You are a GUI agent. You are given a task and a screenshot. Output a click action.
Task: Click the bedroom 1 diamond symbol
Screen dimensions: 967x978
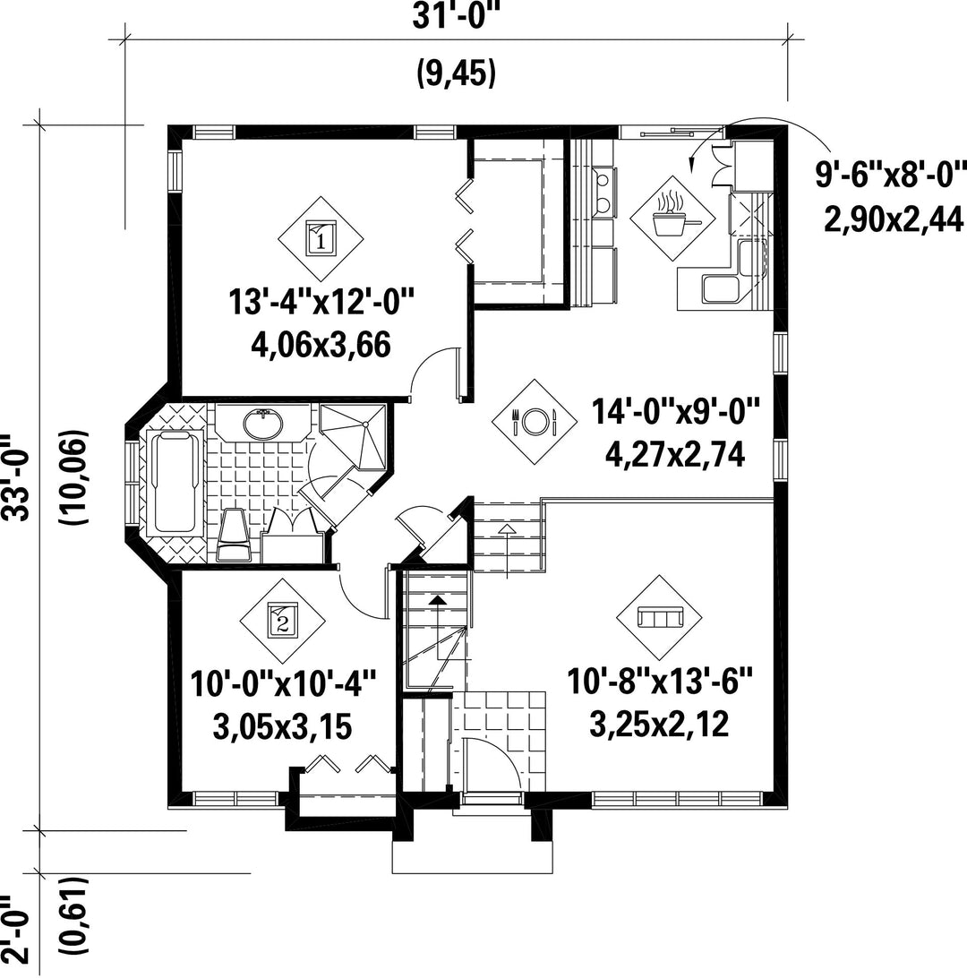tap(321, 239)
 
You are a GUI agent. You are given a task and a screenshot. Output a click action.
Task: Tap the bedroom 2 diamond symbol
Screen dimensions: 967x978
tap(282, 622)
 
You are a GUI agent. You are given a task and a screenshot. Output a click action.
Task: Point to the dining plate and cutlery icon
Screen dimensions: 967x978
tap(534, 422)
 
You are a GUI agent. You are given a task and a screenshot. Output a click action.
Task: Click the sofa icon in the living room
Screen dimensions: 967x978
tap(659, 617)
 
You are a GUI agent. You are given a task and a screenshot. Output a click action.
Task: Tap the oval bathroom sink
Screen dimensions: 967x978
tap(262, 425)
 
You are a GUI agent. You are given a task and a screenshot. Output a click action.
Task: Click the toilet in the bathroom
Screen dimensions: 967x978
tap(234, 536)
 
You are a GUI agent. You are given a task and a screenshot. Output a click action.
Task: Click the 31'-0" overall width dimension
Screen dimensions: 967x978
tap(457, 18)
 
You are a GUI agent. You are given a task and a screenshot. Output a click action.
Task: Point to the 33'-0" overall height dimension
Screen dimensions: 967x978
tap(13, 477)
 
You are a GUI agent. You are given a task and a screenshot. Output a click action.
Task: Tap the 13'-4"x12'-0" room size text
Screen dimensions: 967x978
tap(321, 303)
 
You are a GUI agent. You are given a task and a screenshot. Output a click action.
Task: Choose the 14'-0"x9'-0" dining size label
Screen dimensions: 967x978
tap(676, 412)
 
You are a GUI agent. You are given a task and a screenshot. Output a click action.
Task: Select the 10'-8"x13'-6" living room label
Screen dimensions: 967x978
tap(660, 681)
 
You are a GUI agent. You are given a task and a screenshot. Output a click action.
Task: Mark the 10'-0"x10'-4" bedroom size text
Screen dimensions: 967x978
tap(283, 683)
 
